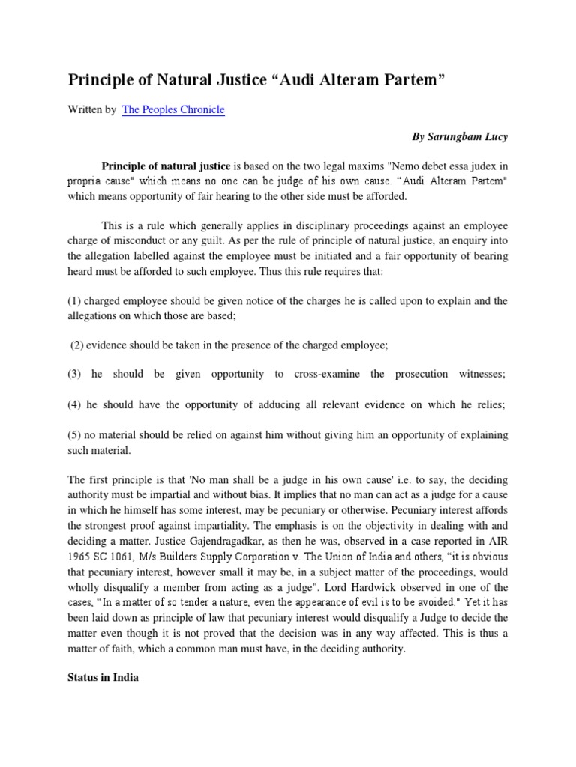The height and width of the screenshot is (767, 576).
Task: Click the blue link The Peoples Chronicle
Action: [x=173, y=109]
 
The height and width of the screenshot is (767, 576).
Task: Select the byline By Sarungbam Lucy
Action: [x=460, y=137]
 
